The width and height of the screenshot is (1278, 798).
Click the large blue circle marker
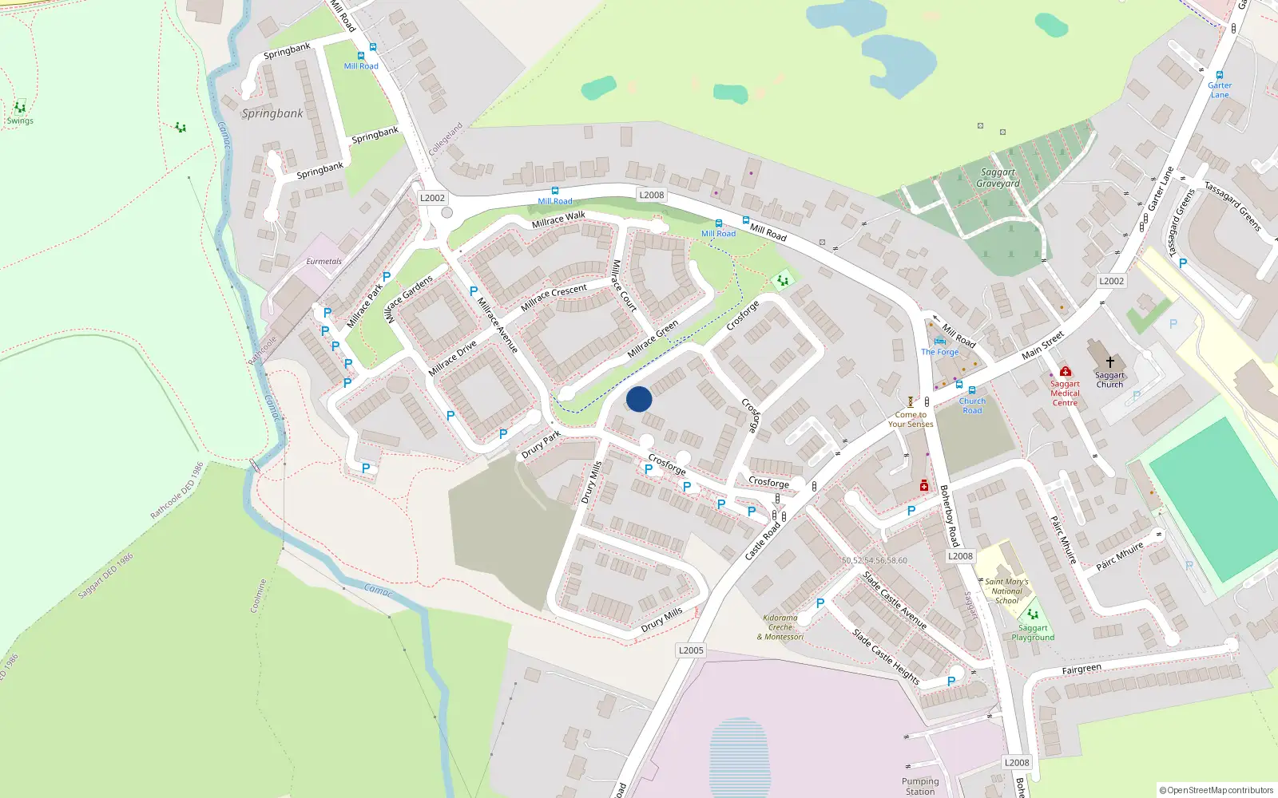tap(639, 399)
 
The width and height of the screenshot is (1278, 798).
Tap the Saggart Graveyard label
tap(998, 178)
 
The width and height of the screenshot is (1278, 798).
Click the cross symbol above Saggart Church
tap(1109, 361)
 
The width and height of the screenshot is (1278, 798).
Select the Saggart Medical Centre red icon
tap(1065, 371)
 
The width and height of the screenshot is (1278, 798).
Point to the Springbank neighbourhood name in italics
tap(272, 113)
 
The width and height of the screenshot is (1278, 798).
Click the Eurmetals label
tap(323, 262)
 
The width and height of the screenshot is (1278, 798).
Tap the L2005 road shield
tap(691, 650)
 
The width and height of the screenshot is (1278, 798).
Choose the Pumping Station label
tap(920, 786)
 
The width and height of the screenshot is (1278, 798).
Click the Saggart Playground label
tap(1033, 633)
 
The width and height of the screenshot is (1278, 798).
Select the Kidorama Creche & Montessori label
tap(780, 627)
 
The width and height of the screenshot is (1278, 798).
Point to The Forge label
tap(939, 352)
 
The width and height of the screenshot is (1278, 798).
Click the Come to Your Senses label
tap(911, 420)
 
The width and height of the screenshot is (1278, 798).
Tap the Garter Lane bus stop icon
tap(1220, 75)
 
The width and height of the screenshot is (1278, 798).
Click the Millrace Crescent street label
tap(554, 297)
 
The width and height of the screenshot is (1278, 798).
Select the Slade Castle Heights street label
tap(886, 657)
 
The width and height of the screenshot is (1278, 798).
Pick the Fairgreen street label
tap(1082, 670)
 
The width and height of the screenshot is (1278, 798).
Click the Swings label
tap(20, 121)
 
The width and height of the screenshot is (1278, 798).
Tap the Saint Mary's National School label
tap(1006, 591)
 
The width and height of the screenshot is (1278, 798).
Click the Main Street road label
tap(1042, 345)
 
